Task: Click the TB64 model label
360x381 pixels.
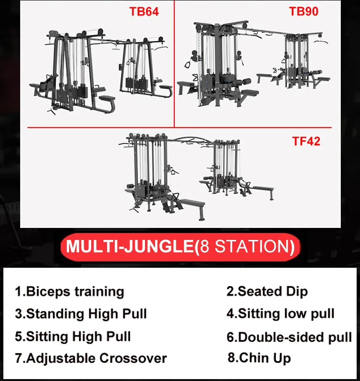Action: [144, 12]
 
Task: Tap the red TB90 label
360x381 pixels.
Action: [303, 12]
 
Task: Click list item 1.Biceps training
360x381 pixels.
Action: [70, 291]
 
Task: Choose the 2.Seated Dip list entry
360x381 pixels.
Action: [267, 291]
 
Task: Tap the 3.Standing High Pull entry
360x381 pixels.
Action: [81, 314]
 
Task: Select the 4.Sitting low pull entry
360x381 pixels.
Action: [280, 314]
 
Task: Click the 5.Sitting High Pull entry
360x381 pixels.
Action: [72, 336]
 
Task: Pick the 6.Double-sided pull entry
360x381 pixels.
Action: [289, 337]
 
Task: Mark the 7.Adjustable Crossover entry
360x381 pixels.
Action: [91, 358]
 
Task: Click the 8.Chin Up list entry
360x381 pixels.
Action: [260, 357]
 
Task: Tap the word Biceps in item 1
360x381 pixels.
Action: [46, 291]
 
